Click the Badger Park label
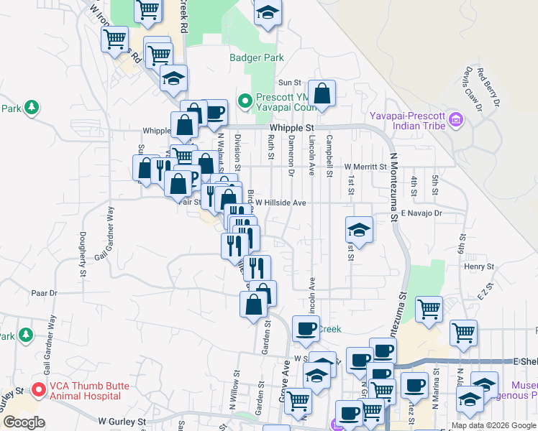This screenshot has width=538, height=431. click(257, 58)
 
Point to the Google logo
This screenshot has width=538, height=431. click(24, 422)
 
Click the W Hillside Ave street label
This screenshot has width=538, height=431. click(281, 203)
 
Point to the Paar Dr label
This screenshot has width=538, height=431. click(44, 293)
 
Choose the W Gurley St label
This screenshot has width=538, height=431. click(122, 421)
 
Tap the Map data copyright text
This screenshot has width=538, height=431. click(493, 425)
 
